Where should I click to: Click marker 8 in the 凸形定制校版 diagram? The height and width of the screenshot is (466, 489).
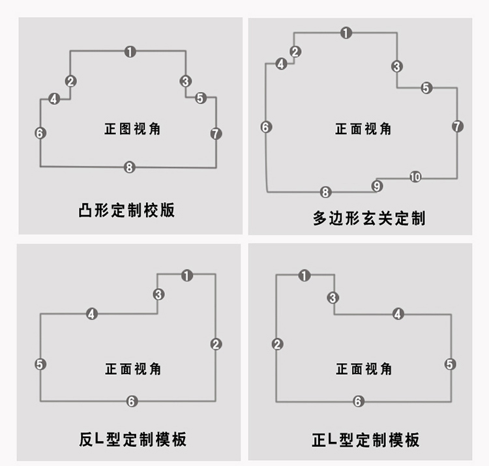tap(130, 167)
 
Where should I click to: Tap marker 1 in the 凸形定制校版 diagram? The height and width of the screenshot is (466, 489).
tap(130, 51)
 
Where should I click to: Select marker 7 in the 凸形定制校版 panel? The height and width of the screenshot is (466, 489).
tap(216, 134)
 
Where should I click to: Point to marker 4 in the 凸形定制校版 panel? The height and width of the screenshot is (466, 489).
tap(54, 99)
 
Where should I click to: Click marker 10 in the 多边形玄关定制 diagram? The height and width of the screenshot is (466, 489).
tap(415, 177)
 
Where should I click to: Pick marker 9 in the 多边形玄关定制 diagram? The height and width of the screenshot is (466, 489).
tap(377, 186)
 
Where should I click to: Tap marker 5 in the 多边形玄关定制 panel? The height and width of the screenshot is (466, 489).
tap(426, 87)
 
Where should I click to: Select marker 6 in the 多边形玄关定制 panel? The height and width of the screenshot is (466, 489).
tap(266, 127)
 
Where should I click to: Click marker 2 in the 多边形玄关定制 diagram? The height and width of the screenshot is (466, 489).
tap(295, 51)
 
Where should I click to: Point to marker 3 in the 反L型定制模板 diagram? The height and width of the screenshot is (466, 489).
tap(158, 294)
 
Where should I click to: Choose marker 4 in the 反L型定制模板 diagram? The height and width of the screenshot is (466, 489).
tap(91, 314)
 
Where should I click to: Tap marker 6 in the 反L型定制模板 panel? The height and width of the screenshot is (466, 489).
tap(132, 401)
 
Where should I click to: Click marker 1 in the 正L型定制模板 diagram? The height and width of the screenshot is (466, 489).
tap(304, 276)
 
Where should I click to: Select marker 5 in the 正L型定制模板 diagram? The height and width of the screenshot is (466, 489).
tap(450, 364)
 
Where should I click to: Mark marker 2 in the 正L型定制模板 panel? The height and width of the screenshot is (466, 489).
tap(277, 344)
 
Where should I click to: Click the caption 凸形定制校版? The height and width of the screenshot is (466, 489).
tap(126, 210)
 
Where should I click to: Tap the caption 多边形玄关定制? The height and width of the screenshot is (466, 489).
tap(369, 218)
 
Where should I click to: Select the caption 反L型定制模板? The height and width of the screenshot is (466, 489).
tap(132, 439)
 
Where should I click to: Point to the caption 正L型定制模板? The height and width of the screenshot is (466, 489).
tap(366, 440)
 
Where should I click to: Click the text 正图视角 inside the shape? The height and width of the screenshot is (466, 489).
tap(132, 129)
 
